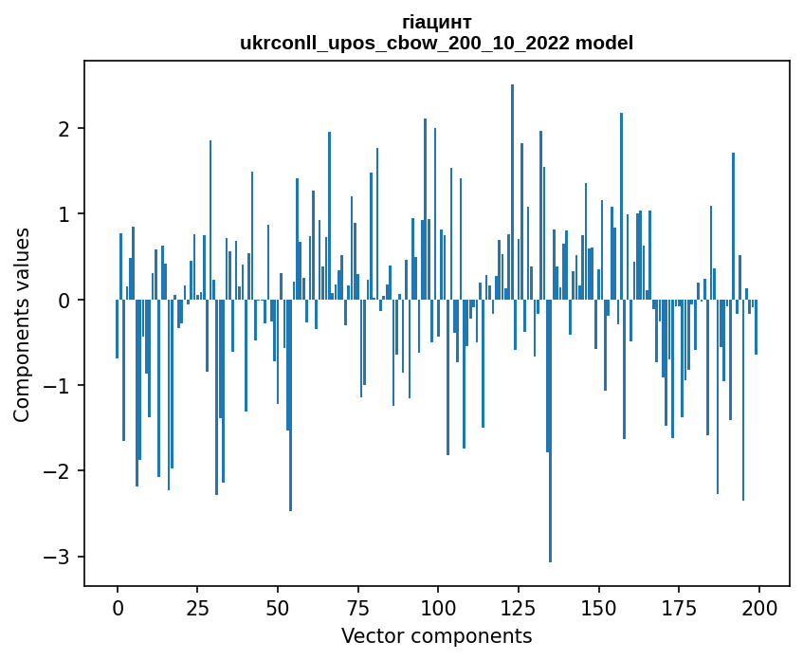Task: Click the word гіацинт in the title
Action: pos(437,22)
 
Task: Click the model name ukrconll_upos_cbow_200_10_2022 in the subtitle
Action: pos(409,43)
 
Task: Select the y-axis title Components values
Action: pos(22,324)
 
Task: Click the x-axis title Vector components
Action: pos(436,635)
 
